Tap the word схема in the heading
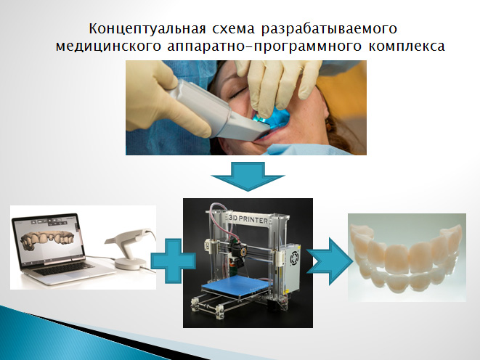tap(233, 29)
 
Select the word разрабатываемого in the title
tap(329, 29)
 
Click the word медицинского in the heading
tap(108, 46)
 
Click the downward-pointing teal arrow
tap(248, 176)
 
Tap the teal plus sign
tap(174, 261)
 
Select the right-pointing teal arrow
tap(330, 261)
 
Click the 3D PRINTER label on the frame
tap(248, 219)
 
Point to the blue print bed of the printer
tap(237, 285)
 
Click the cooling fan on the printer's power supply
tap(295, 258)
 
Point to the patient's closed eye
tap(238, 92)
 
